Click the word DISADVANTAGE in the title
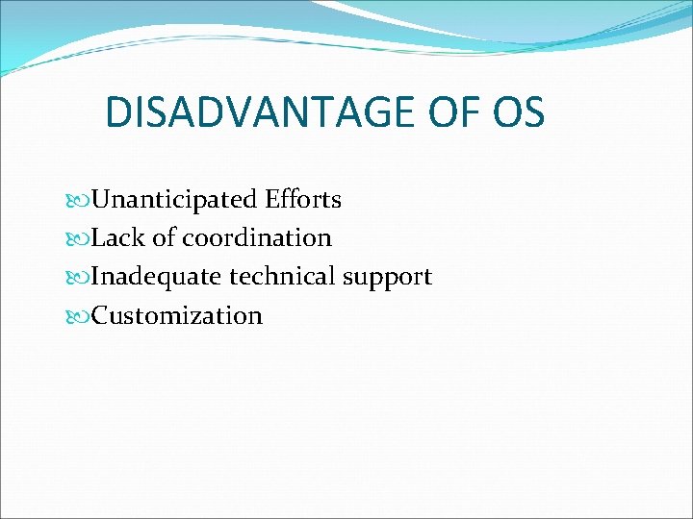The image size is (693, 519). [258, 111]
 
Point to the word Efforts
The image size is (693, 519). [304, 200]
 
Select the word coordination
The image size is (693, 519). [257, 238]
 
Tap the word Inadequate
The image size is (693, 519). [157, 277]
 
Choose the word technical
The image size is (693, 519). [279, 277]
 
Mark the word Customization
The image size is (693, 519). [177, 315]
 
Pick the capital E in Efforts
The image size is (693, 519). [274, 200]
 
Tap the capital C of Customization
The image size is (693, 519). [101, 315]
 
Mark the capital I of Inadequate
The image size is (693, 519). [97, 277]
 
